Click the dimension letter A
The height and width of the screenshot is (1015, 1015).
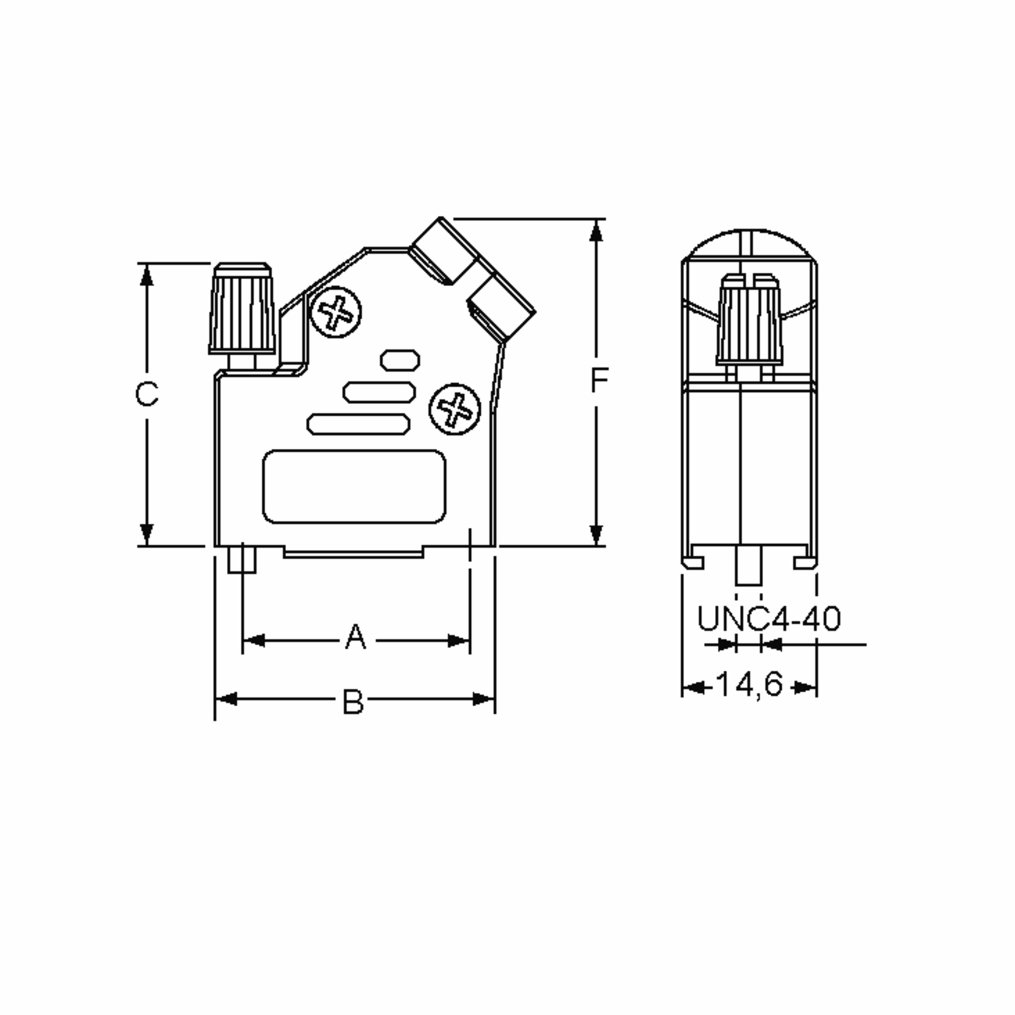point(356,637)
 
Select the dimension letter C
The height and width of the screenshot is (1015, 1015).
point(147,394)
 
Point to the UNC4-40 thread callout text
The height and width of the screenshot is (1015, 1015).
point(768,619)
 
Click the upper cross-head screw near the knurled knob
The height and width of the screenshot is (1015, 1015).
point(336,312)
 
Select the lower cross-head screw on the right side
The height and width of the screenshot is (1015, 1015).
point(455,409)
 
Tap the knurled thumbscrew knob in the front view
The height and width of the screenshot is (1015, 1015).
point(242,310)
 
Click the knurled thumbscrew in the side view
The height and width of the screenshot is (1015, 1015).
point(749,321)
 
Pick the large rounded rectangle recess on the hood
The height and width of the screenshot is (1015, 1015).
point(354,486)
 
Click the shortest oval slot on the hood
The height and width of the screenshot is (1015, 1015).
point(400,360)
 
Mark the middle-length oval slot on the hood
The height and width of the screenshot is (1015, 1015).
point(379,392)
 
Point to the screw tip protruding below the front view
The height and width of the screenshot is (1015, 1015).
point(241,560)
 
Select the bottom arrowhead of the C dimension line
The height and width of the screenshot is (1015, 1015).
point(147,535)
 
